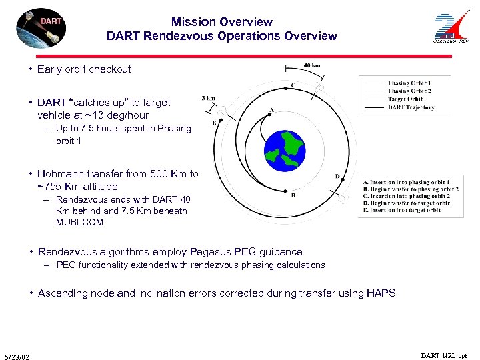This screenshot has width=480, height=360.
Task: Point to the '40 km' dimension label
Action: [312, 65]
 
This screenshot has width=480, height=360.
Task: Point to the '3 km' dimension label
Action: [208, 98]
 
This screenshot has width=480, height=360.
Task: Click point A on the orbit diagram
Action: [271, 110]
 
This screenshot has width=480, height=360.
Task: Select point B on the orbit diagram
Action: [293, 195]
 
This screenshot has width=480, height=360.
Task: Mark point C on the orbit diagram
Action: [293, 85]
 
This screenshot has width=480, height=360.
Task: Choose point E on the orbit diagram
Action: [213, 123]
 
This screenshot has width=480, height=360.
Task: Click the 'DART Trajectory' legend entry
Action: [411, 107]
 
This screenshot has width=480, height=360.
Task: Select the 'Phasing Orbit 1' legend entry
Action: [409, 83]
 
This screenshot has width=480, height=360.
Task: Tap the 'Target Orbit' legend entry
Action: [405, 99]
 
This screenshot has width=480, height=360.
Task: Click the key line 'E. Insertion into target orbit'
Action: [401, 210]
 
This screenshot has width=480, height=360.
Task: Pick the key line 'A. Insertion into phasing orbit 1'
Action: [405, 182]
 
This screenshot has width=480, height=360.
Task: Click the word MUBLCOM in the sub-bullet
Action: [79, 222]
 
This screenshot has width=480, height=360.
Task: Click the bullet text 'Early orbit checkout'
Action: [84, 69]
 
